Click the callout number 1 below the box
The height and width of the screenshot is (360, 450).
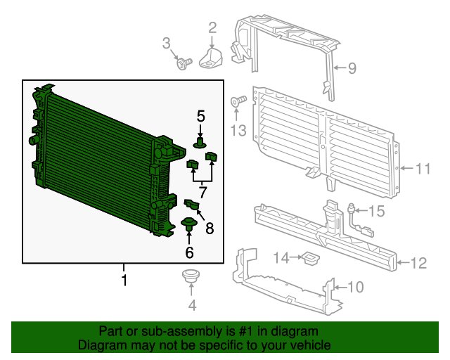pyautogui.click(x=124, y=281)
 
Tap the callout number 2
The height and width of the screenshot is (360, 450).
pyautogui.click(x=212, y=28)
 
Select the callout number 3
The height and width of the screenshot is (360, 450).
pyautogui.click(x=167, y=44)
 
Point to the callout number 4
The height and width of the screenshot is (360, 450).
pyautogui.click(x=192, y=305)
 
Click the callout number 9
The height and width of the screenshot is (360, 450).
pyautogui.click(x=352, y=68)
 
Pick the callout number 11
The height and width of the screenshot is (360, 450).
pyautogui.click(x=422, y=169)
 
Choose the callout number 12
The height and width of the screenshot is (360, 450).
pyautogui.click(x=418, y=264)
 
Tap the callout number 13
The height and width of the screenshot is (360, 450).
pyautogui.click(x=238, y=130)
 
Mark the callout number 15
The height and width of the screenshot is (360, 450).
pyautogui.click(x=377, y=211)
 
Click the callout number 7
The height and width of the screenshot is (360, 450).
pyautogui.click(x=202, y=191)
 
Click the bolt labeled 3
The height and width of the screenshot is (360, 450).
pyautogui.click(x=184, y=65)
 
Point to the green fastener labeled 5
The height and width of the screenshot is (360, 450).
pyautogui.click(x=200, y=143)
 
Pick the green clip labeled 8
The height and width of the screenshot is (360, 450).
pyautogui.click(x=193, y=205)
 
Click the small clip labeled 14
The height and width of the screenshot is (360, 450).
pyautogui.click(x=309, y=260)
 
